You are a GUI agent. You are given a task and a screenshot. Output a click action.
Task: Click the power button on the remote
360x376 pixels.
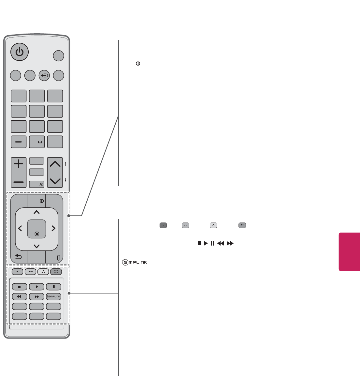20,52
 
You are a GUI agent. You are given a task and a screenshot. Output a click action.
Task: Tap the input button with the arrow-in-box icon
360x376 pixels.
44,76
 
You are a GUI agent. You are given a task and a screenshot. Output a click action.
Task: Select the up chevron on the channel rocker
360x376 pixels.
55,164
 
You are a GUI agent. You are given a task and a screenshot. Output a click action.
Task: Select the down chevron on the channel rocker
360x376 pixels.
55,181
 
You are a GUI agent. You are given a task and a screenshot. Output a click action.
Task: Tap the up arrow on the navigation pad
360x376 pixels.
36,212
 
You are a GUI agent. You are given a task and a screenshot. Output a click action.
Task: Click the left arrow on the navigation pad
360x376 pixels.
20,229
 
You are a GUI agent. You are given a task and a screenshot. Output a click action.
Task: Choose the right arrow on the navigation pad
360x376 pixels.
53,229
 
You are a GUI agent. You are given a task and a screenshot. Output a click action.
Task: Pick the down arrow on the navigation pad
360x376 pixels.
36,246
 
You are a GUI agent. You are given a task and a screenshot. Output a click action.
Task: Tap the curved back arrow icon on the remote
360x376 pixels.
19,257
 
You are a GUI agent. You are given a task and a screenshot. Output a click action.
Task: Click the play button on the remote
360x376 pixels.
36,287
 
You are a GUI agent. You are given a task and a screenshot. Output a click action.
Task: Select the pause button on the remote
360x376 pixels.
54,287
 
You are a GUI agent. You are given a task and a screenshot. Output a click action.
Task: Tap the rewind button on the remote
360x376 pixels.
19,297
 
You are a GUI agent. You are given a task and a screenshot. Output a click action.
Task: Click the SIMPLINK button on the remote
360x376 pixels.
54,297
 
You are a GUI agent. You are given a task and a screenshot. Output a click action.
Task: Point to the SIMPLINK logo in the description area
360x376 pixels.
134,262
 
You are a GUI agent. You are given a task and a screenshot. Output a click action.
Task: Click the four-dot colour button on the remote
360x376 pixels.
56,271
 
